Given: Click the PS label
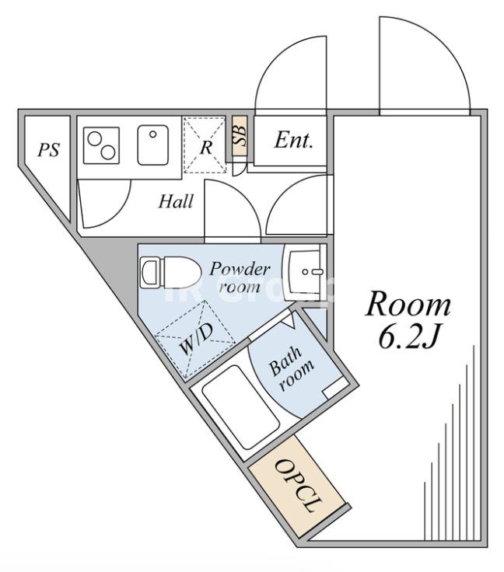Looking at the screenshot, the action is pyautogui.click(x=48, y=149).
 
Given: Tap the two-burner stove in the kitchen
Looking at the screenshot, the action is pyautogui.click(x=101, y=145).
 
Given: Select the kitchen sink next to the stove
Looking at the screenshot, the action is pyautogui.click(x=153, y=145).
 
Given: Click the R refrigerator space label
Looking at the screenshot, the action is pyautogui.click(x=206, y=148).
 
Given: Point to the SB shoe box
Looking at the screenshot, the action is pyautogui.click(x=240, y=136).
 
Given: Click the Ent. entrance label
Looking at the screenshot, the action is pyautogui.click(x=294, y=140).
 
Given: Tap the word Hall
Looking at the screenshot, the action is pyautogui.click(x=176, y=201).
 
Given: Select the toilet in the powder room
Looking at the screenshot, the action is pyautogui.click(x=171, y=272).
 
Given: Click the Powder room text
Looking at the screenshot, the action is pyautogui.click(x=240, y=278).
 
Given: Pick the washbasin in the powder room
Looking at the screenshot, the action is pyautogui.click(x=304, y=272).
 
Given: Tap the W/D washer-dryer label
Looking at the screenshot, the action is pyautogui.click(x=196, y=340).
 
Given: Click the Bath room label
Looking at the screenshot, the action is pyautogui.click(x=291, y=368).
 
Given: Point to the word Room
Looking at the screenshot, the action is pyautogui.click(x=408, y=305).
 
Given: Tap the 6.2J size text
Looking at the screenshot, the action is pyautogui.click(x=408, y=338).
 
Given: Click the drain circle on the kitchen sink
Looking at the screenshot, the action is pyautogui.click(x=153, y=134).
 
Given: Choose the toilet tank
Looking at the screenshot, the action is pyautogui.click(x=150, y=272).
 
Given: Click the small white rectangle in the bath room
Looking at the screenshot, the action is pyautogui.click(x=335, y=388).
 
